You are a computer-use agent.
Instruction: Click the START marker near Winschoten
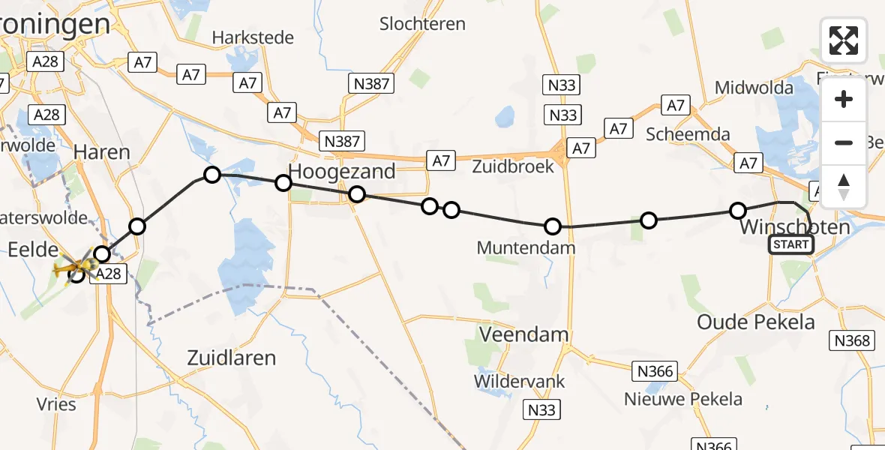click(x=790, y=244)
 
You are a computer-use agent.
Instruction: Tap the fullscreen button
click(x=844, y=40)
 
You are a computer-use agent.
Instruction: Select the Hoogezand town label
click(x=342, y=172)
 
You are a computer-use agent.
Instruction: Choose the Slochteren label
click(x=422, y=24)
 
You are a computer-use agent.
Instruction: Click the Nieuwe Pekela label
click(x=683, y=399)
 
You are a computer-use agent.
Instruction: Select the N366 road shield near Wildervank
click(x=655, y=370)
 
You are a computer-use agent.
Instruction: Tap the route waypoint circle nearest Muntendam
click(x=553, y=226)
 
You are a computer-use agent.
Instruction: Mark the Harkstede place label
click(x=253, y=37)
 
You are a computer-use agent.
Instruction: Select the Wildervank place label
click(x=519, y=381)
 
